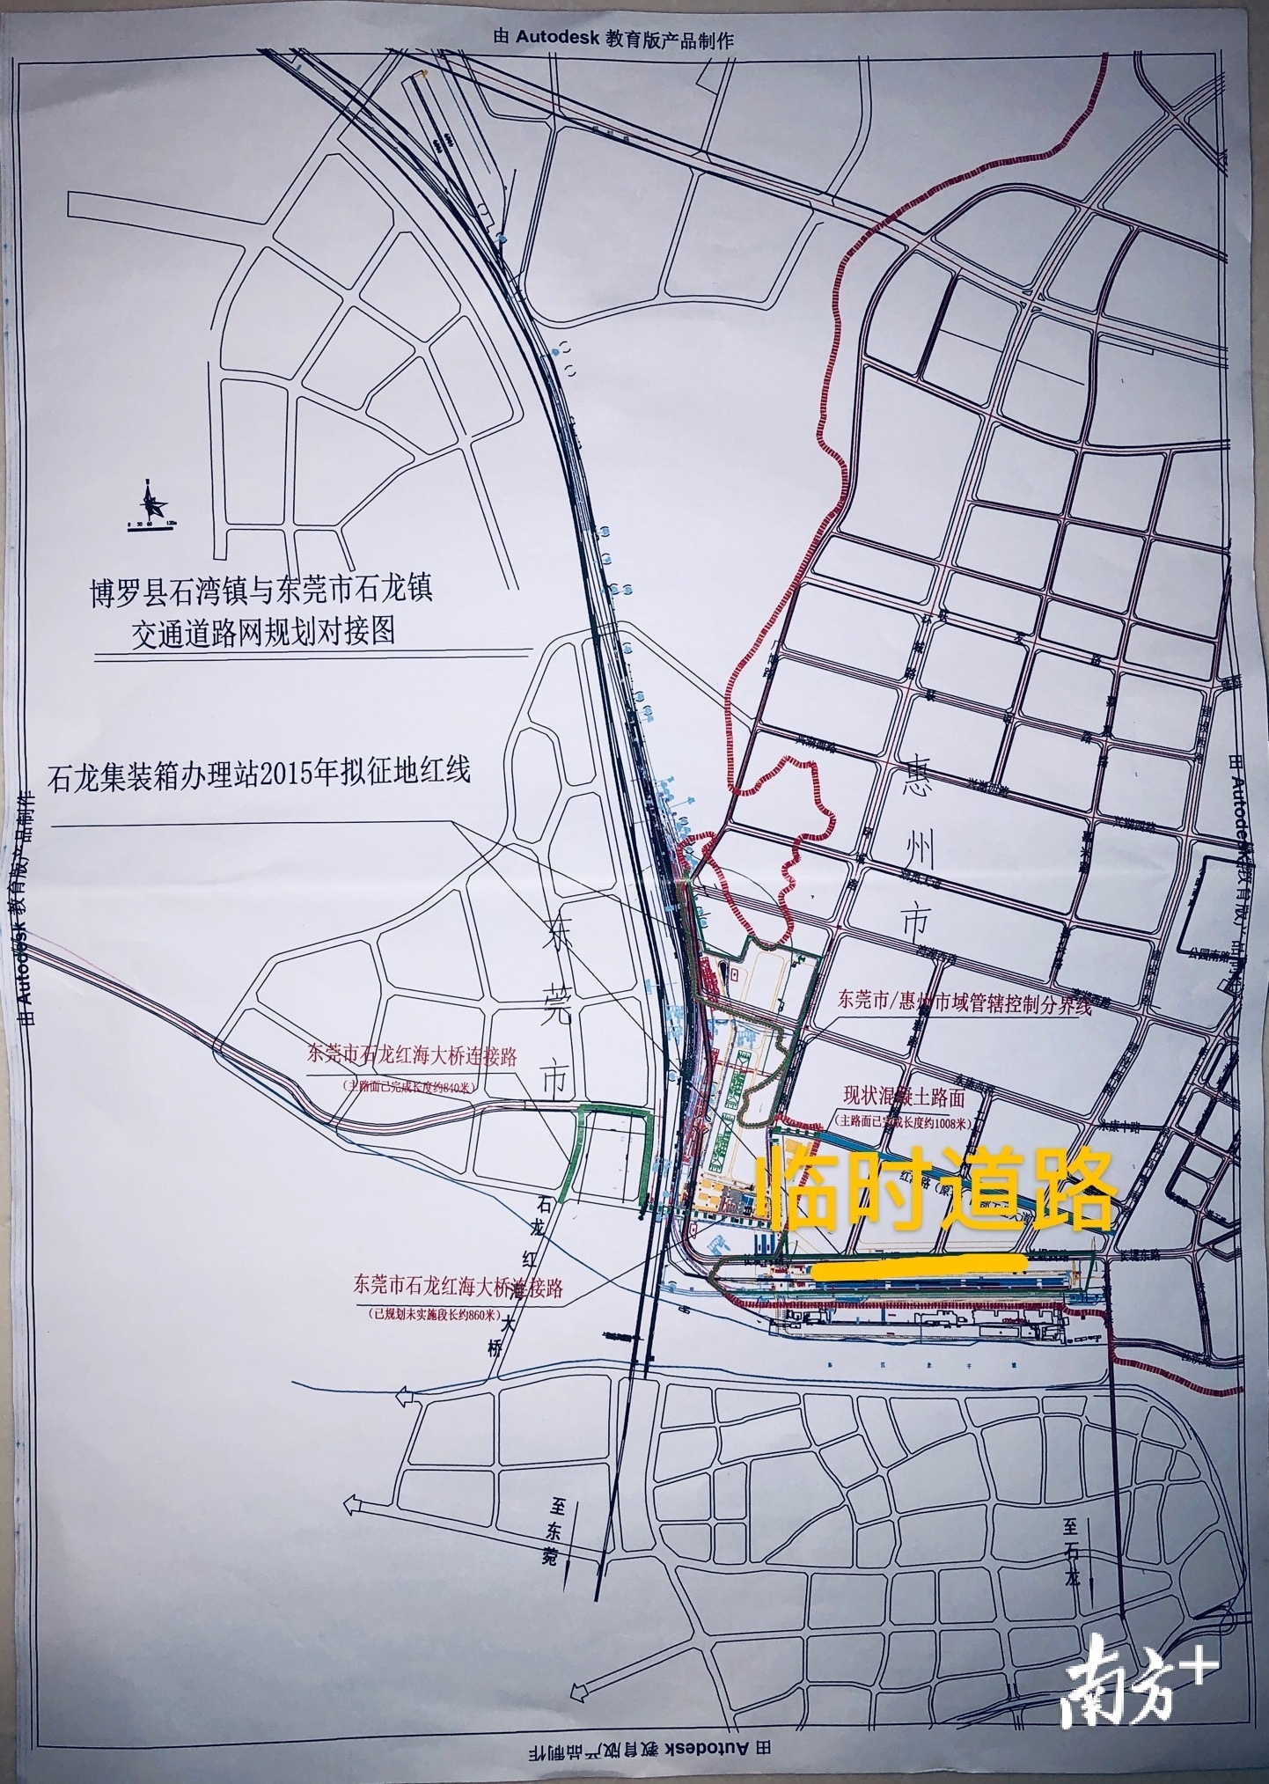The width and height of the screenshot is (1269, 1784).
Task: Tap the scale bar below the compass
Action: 150,525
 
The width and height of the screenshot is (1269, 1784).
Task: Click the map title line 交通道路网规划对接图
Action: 263,632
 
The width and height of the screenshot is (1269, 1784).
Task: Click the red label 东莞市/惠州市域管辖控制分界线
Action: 965,1004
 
